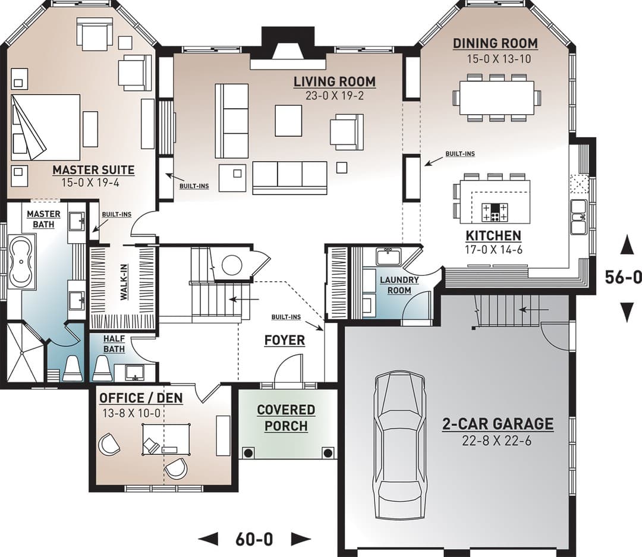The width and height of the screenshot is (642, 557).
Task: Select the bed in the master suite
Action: pos(45,127)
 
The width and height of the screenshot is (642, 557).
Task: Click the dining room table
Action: pos(496,98)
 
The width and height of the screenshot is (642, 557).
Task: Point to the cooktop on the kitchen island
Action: pos(495,212)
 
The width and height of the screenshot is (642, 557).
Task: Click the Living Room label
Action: pos(335,82)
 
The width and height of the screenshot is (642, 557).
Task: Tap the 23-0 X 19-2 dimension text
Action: pos(335,96)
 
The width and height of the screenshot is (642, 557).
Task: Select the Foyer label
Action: pos(285,341)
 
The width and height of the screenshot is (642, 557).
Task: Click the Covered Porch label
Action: pos(286,418)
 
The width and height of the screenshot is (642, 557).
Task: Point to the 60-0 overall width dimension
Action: pos(254,539)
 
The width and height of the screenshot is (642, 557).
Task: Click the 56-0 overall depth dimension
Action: pos(623,277)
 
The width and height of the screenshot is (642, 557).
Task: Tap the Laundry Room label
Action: pos(399,285)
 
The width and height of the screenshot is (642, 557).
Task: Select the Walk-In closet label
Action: pos(124,282)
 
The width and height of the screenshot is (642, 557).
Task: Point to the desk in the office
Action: pos(166,439)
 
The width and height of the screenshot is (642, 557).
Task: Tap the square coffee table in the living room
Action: pos(289,121)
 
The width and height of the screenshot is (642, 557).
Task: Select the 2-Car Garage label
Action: pos(498,424)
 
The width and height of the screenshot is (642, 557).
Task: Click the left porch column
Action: pos(248,453)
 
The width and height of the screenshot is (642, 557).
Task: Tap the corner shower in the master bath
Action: pos(24,353)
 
